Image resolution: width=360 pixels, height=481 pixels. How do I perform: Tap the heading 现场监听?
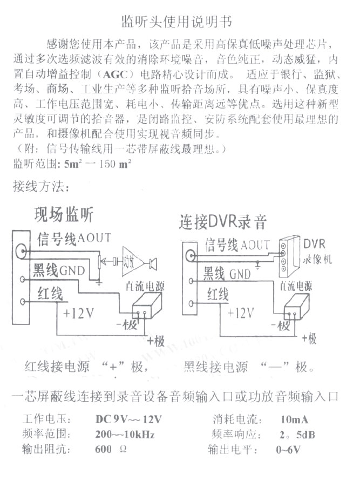(x=64, y=214)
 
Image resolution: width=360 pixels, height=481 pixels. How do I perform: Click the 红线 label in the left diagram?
(x=50, y=295)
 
